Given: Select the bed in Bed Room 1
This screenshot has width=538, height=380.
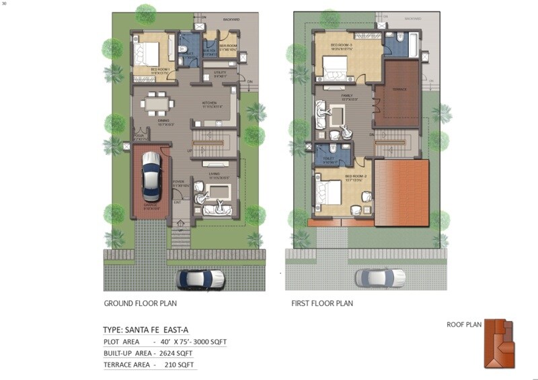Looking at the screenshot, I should (x=149, y=52).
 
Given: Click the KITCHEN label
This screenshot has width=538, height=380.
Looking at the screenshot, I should (x=210, y=103).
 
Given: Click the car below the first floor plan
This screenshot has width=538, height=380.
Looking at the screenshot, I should (x=380, y=277).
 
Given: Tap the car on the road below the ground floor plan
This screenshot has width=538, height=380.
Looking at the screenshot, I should (x=200, y=278).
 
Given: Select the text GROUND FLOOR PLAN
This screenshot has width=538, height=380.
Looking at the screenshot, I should (x=140, y=303).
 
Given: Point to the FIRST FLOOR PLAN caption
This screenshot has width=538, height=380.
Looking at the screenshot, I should (x=322, y=303).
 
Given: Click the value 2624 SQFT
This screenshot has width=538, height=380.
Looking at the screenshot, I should (x=177, y=352).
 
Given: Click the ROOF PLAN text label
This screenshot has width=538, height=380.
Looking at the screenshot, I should (x=464, y=325).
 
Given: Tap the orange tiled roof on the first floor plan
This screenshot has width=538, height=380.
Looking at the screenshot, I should (x=401, y=193).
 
